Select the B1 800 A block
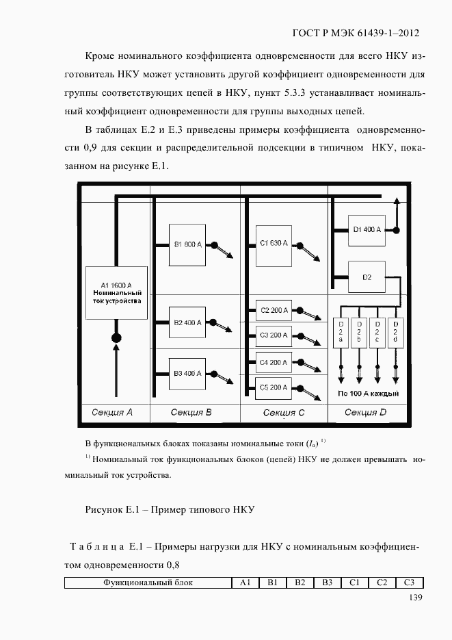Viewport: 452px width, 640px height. (x=187, y=244)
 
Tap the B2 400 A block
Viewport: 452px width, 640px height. (x=187, y=323)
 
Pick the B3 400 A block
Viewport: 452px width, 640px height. (x=187, y=374)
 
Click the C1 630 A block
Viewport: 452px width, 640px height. (x=274, y=244)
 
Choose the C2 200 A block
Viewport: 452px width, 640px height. (x=274, y=310)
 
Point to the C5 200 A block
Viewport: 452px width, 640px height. (x=274, y=387)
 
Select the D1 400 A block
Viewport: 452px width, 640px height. (x=367, y=230)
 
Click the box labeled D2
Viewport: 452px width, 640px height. (x=367, y=277)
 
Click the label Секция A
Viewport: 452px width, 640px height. (x=112, y=413)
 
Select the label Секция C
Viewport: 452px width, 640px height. (x=284, y=413)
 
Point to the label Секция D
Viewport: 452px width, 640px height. (x=366, y=412)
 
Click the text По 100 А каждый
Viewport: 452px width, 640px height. (x=368, y=394)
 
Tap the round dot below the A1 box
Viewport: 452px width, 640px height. (x=116, y=338)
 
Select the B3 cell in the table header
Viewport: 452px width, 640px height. (x=327, y=583)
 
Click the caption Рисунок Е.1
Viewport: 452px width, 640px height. (x=170, y=510)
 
